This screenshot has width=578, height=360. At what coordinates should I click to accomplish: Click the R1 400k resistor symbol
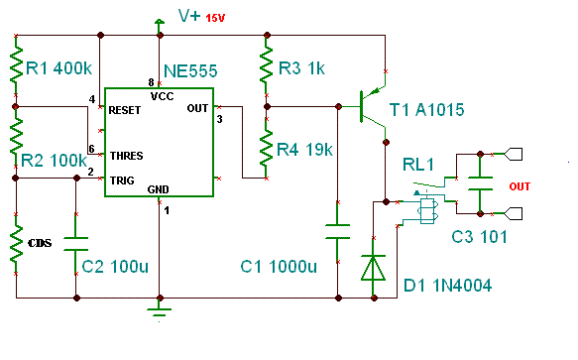(x=16, y=64)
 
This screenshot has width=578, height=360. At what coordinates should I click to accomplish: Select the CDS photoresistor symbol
(x=16, y=243)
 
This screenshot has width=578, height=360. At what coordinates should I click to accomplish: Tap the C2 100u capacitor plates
(x=76, y=244)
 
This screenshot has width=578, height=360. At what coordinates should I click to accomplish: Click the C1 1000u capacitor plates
(x=338, y=231)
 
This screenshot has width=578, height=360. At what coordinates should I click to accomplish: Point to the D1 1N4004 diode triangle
(x=374, y=268)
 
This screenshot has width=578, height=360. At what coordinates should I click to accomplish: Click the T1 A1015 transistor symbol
(x=373, y=107)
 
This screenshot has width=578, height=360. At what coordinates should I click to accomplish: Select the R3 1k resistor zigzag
(x=267, y=64)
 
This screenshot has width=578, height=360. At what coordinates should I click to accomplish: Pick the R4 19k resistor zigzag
(x=266, y=149)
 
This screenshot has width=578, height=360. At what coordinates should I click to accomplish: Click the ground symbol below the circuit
(x=160, y=312)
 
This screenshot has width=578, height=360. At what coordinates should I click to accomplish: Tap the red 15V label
(x=215, y=18)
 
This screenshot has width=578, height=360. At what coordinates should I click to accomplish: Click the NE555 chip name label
(x=190, y=70)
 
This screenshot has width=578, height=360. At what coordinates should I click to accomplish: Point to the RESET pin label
(x=125, y=110)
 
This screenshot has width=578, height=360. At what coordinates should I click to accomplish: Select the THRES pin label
(x=127, y=156)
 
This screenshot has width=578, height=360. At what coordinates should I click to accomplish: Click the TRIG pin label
(x=122, y=180)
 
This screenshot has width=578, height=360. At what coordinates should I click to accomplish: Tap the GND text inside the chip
(x=159, y=189)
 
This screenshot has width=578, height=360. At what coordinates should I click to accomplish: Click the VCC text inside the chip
(x=163, y=96)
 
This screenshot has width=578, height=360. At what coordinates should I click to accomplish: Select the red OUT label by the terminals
(x=520, y=186)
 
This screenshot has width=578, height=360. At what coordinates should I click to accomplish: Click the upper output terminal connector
(x=514, y=154)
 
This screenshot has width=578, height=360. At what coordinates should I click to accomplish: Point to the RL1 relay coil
(x=427, y=211)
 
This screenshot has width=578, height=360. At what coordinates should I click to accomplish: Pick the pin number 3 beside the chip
(x=220, y=119)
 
